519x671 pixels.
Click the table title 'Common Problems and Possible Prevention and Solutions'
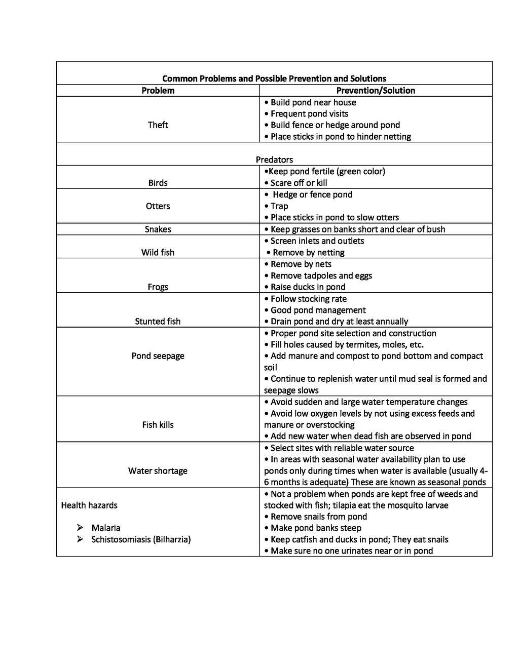tap(274, 78)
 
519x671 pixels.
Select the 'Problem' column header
tap(158, 91)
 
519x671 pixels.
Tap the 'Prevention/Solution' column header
tap(376, 91)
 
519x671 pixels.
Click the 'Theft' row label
tap(158, 125)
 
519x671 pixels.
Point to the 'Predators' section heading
tap(274, 160)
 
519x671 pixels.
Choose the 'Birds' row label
tap(158, 183)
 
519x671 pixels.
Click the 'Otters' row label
tap(158, 206)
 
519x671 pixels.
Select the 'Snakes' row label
tap(158, 229)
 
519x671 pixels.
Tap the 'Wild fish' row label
tap(158, 252)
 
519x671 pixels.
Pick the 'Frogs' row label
tap(158, 287)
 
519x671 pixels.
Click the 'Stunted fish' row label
tap(158, 322)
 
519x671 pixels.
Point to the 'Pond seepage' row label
tap(158, 356)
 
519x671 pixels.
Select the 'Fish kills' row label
tap(158, 425)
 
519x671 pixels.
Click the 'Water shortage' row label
tap(158, 471)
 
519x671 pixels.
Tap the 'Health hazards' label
tap(89, 505)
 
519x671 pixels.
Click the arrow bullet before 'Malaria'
tap(80, 528)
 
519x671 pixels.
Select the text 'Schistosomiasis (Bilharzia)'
tap(141, 539)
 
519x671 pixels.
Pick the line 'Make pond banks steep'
tap(315, 528)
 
